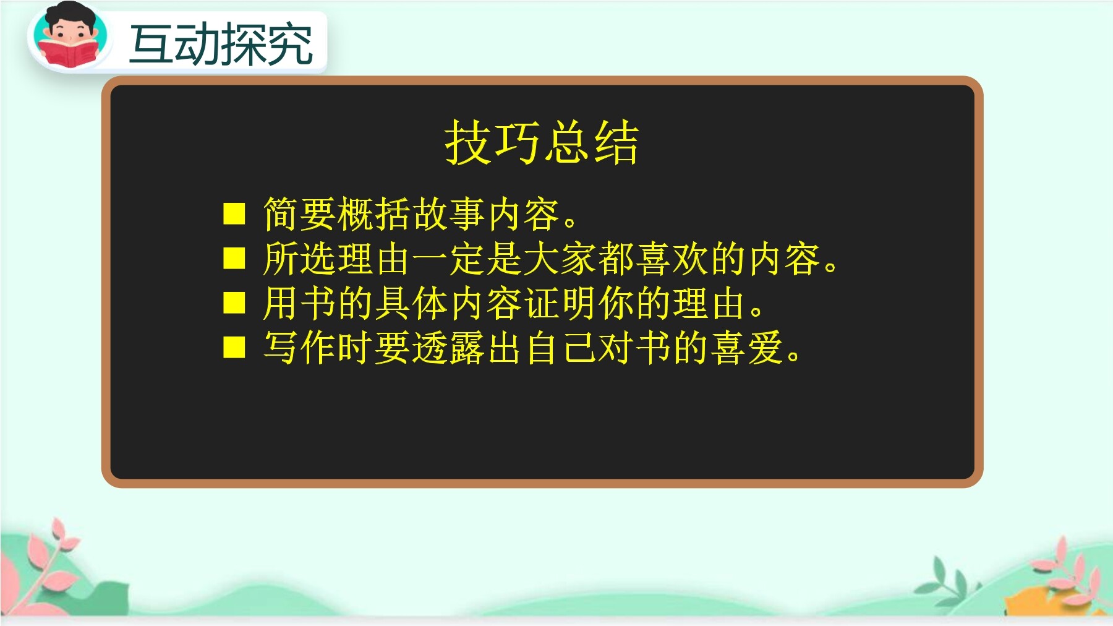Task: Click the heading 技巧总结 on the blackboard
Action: (541, 142)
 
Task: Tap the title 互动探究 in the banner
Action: (221, 44)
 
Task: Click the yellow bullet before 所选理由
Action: (234, 258)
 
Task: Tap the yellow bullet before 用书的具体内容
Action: (234, 303)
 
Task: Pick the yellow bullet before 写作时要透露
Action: (234, 348)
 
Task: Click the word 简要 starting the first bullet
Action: (300, 214)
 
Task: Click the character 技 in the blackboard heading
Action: (468, 142)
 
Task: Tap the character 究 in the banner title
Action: (290, 44)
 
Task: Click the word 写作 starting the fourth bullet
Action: (300, 348)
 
